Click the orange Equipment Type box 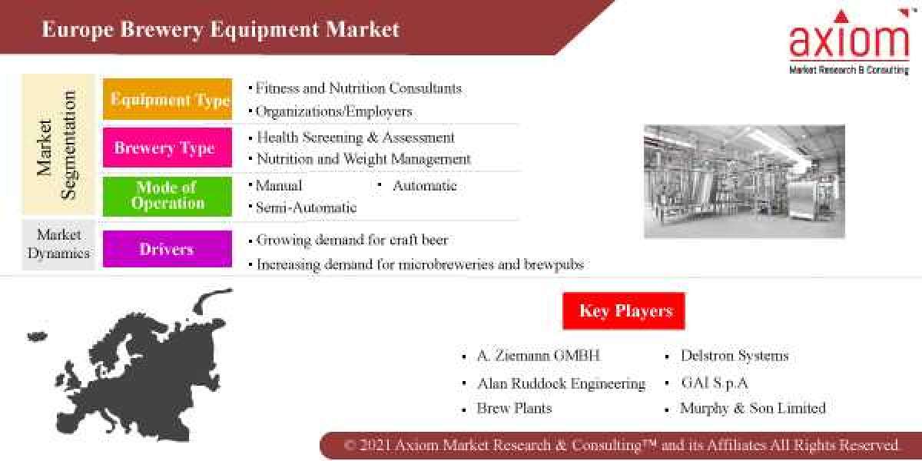pos(167,99)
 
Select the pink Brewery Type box pos(167,148)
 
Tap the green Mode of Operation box pos(167,196)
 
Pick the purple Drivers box pos(167,249)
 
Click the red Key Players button pos(624,310)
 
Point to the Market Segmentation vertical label pos(58,144)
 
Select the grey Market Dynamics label pos(58,244)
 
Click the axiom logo pos(848,41)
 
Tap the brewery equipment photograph pos(744,181)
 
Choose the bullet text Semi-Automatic pos(306,207)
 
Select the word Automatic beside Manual pos(424,186)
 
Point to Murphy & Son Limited pos(752,408)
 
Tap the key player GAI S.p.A pos(714,383)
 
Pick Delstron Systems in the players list pos(734,356)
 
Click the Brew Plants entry pos(514,408)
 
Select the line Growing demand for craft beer pos(352,240)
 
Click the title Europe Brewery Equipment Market pos(221,29)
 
